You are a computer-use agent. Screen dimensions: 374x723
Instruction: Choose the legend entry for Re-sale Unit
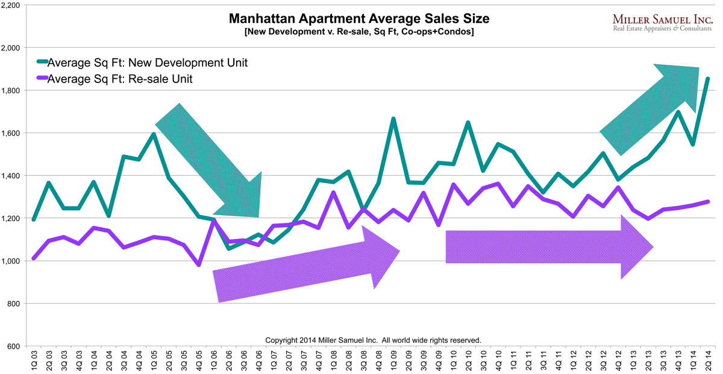pyautogui.click(x=120, y=78)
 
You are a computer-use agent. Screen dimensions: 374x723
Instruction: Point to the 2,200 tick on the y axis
pyautogui.click(x=12, y=5)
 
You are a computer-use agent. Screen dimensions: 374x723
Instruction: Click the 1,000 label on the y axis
pyautogui.click(x=12, y=261)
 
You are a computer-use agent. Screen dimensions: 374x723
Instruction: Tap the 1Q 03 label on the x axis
pyautogui.click(x=34, y=361)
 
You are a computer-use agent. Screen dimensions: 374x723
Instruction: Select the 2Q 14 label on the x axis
pyautogui.click(x=707, y=361)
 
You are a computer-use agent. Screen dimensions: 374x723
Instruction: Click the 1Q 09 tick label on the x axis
pyautogui.click(x=393, y=361)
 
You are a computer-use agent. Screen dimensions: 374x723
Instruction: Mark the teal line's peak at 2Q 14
pyautogui.click(x=707, y=78)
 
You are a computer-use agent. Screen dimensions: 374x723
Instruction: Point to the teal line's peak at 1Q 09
pyautogui.click(x=393, y=119)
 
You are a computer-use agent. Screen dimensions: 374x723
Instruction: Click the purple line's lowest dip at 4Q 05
pyautogui.click(x=199, y=265)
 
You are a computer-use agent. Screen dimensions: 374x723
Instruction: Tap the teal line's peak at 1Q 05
pyautogui.click(x=154, y=134)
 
